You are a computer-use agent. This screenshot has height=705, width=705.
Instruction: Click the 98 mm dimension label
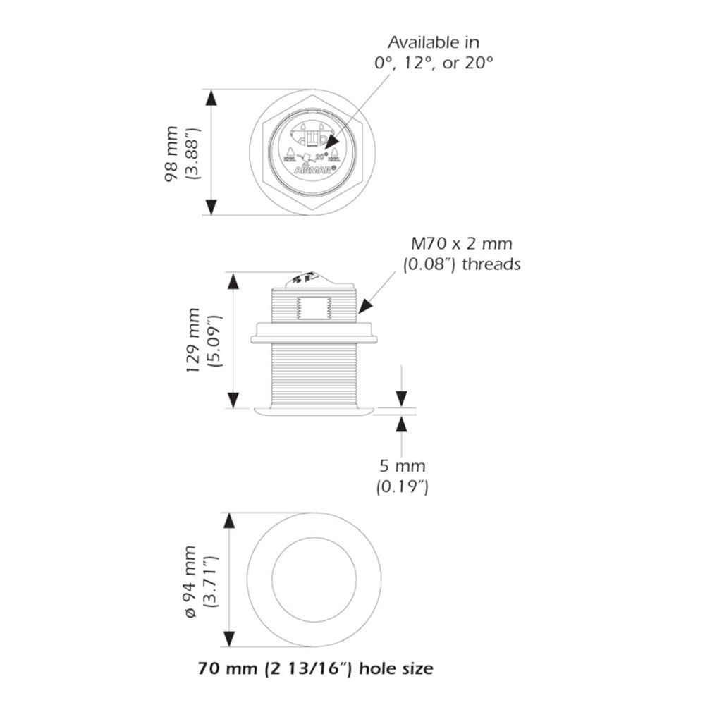171,153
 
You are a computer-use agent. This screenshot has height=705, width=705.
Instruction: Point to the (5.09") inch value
216,341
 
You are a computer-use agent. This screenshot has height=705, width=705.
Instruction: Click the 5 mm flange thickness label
402,466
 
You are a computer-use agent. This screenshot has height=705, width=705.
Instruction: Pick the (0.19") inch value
403,486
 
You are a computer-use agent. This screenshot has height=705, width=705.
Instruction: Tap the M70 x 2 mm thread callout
462,245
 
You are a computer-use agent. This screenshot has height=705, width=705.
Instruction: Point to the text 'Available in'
433,43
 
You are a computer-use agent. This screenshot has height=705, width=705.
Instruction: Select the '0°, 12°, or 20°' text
433,63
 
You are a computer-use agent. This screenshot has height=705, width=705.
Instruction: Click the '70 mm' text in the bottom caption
219,668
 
